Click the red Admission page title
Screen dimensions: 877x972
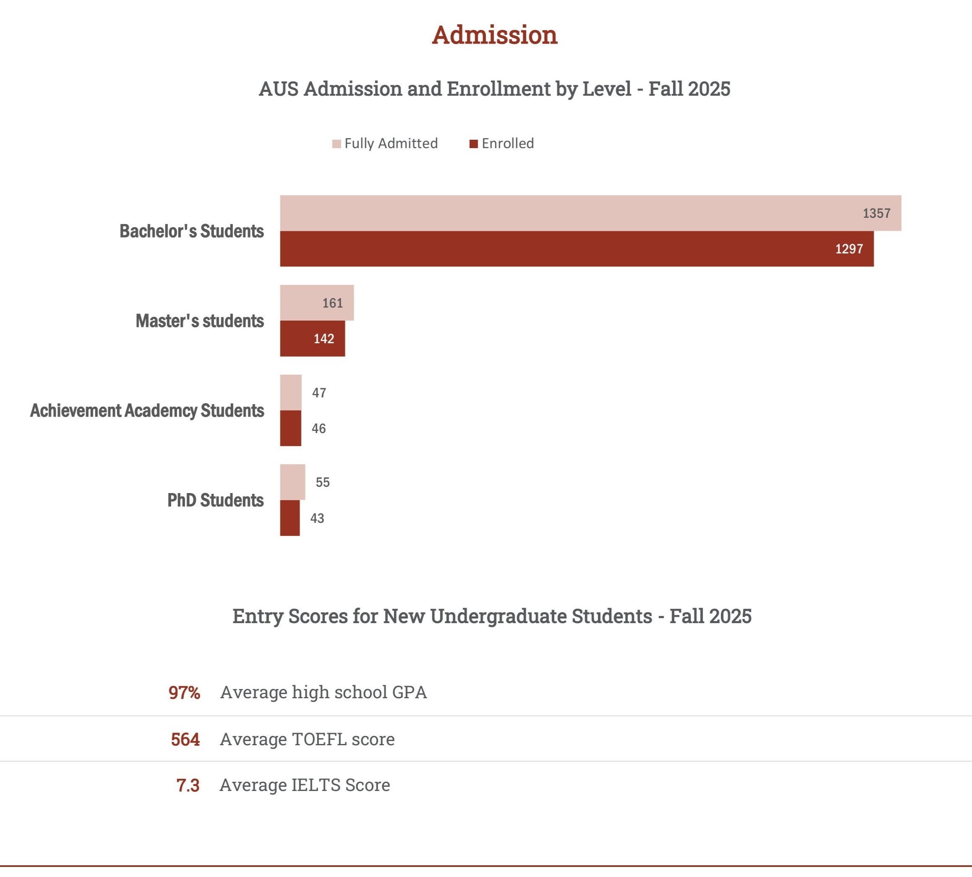click(x=494, y=35)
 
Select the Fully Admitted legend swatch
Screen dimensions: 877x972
click(x=336, y=144)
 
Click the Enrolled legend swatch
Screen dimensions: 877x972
click(x=474, y=144)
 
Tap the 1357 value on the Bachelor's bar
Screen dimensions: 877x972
click(x=876, y=214)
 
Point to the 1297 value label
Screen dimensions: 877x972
click(x=849, y=249)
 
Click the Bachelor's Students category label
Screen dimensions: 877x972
click(x=191, y=231)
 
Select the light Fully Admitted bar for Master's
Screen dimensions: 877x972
click(x=316, y=303)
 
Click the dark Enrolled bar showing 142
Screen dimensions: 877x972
click(x=312, y=339)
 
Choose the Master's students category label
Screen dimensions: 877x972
click(x=199, y=321)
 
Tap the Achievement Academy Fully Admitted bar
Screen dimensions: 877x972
click(x=290, y=393)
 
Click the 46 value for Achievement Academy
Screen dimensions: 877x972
click(x=319, y=428)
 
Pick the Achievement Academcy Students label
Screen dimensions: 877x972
click(x=147, y=410)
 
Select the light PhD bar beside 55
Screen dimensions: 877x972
click(x=293, y=482)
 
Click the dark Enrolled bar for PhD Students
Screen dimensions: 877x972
click(x=290, y=518)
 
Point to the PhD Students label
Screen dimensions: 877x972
click(x=215, y=500)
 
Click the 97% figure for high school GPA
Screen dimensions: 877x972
click(x=184, y=693)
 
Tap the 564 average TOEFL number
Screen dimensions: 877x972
click(x=185, y=740)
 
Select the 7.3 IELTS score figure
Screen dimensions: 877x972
click(x=188, y=786)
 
